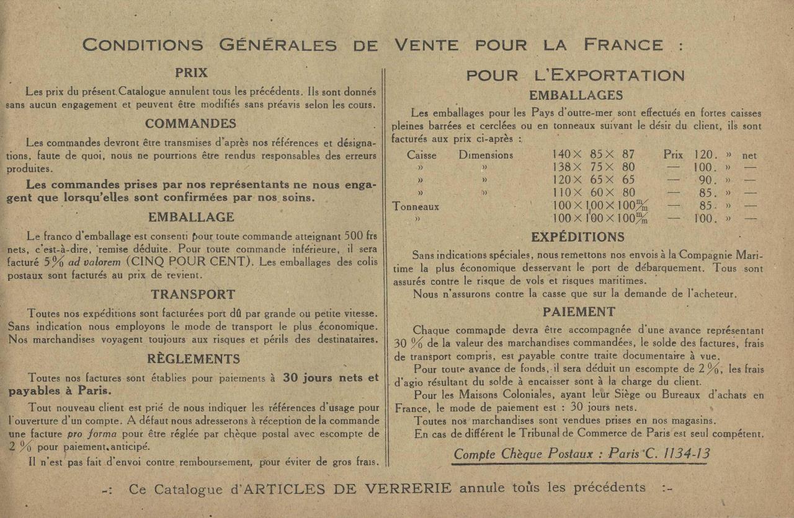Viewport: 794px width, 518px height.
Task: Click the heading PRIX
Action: tap(191, 72)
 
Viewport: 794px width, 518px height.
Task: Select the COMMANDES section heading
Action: tap(190, 123)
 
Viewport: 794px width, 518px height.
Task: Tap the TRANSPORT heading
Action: tap(193, 294)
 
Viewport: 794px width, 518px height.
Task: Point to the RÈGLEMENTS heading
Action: tap(194, 359)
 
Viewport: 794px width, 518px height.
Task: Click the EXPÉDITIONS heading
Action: tap(578, 237)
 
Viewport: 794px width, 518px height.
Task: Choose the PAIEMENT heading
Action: tap(579, 312)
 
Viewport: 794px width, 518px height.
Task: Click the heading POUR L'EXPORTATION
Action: tap(575, 76)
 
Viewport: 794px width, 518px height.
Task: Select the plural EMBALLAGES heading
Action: tap(576, 95)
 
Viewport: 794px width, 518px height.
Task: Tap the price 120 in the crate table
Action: tap(705, 155)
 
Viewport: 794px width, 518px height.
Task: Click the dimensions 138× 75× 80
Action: tap(593, 167)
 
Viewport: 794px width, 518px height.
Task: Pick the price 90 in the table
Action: tap(707, 180)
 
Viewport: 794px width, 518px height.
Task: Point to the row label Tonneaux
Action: tap(416, 206)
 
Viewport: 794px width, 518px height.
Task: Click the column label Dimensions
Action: tap(486, 155)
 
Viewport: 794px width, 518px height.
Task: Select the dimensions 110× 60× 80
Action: tap(593, 193)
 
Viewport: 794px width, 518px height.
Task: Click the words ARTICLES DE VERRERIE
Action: tap(347, 488)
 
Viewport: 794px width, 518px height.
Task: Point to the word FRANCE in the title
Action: tap(623, 45)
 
